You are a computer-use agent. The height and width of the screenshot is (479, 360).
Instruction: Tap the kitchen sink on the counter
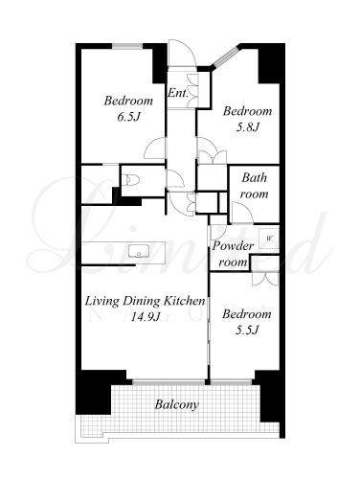coord(139,251)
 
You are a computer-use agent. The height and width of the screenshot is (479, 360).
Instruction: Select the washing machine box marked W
coord(268,239)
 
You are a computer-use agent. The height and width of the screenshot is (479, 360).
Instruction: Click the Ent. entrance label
coord(178,93)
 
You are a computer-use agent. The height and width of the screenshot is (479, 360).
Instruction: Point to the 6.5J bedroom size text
coord(129,117)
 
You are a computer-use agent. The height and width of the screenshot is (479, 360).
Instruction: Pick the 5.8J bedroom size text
coord(247,127)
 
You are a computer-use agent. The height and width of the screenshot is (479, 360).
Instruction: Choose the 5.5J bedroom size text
coord(247,330)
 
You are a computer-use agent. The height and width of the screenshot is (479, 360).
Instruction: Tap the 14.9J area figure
coord(146,316)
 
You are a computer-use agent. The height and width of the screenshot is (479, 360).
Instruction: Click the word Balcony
coord(176,404)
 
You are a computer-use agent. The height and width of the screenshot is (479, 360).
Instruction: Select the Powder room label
coord(233,254)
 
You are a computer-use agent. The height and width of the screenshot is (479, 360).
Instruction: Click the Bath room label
coord(254,186)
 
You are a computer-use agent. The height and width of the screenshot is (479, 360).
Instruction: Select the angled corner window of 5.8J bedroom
coord(226,57)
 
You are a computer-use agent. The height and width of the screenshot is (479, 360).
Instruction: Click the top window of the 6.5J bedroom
coord(127,46)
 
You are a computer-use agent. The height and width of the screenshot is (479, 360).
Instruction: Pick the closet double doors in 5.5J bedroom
coord(265,279)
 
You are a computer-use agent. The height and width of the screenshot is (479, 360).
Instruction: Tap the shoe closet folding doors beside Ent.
coord(193,90)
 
